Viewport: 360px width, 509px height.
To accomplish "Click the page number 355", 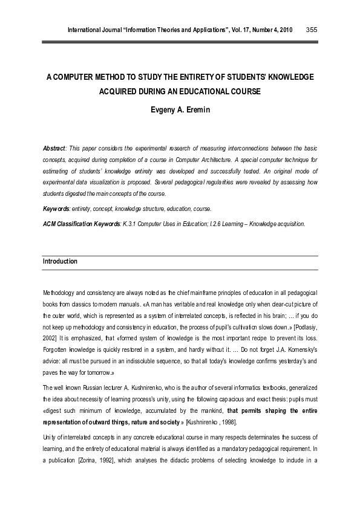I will (x=312, y=30).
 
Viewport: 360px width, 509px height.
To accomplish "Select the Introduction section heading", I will (x=60, y=261).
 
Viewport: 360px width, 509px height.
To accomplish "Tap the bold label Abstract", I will (x=54, y=148).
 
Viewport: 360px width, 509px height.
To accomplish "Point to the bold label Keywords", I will (x=56, y=209).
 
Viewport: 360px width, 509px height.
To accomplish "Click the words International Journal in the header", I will (x=94, y=30).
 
